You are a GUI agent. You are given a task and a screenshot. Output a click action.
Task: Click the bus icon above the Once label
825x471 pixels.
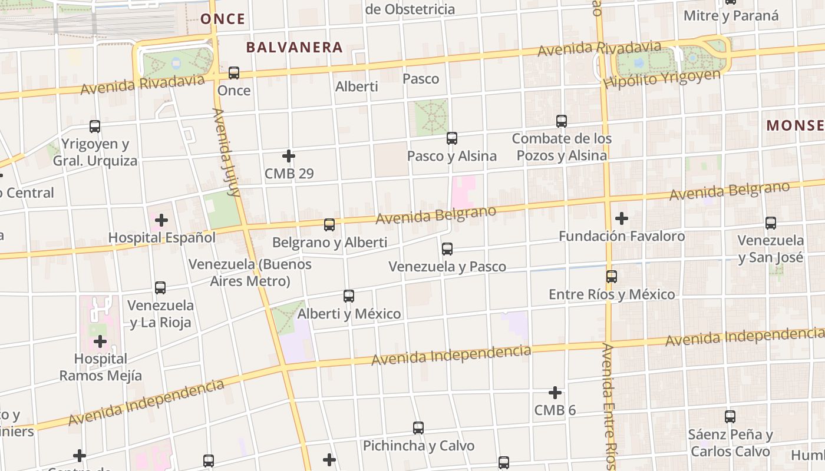pyautogui.click(x=234, y=73)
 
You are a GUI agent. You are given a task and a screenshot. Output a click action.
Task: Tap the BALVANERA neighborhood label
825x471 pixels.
pyautogui.click(x=294, y=48)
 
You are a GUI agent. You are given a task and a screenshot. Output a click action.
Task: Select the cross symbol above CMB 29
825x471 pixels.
pyautogui.click(x=288, y=156)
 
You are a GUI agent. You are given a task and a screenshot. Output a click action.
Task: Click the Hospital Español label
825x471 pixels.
pyautogui.click(x=162, y=238)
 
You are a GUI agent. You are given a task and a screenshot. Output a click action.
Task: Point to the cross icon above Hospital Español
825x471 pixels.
pyautogui.click(x=161, y=221)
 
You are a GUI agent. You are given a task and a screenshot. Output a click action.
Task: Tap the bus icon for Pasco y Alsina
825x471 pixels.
pyautogui.click(x=452, y=138)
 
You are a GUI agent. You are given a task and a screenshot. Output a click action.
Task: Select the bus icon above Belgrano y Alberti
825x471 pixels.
pyautogui.click(x=329, y=225)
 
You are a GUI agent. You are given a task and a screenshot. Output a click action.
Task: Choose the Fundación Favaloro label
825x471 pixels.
pyautogui.click(x=622, y=236)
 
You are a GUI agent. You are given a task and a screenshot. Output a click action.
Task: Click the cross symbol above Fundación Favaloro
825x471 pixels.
pyautogui.click(x=621, y=218)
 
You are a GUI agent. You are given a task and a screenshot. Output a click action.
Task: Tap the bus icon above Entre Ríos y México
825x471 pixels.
pyautogui.click(x=612, y=276)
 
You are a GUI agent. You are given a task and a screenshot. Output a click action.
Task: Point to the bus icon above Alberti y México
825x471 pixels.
pyautogui.click(x=349, y=296)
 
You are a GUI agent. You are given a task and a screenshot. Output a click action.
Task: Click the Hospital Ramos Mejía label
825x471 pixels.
pyautogui.click(x=101, y=367)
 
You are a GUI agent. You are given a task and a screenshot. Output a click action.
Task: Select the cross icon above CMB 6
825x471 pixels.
pyautogui.click(x=555, y=393)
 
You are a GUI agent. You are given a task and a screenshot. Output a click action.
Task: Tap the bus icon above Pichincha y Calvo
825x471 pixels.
pyautogui.click(x=418, y=428)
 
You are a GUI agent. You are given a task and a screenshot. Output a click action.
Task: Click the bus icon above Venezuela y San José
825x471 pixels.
pyautogui.click(x=771, y=223)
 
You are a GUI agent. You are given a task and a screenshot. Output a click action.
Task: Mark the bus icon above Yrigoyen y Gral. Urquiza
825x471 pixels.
pyautogui.click(x=95, y=126)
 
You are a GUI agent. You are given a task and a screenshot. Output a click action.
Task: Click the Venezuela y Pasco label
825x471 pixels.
pyautogui.click(x=447, y=267)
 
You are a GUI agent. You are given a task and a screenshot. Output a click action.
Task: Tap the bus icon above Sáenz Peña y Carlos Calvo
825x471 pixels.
pyautogui.click(x=730, y=417)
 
